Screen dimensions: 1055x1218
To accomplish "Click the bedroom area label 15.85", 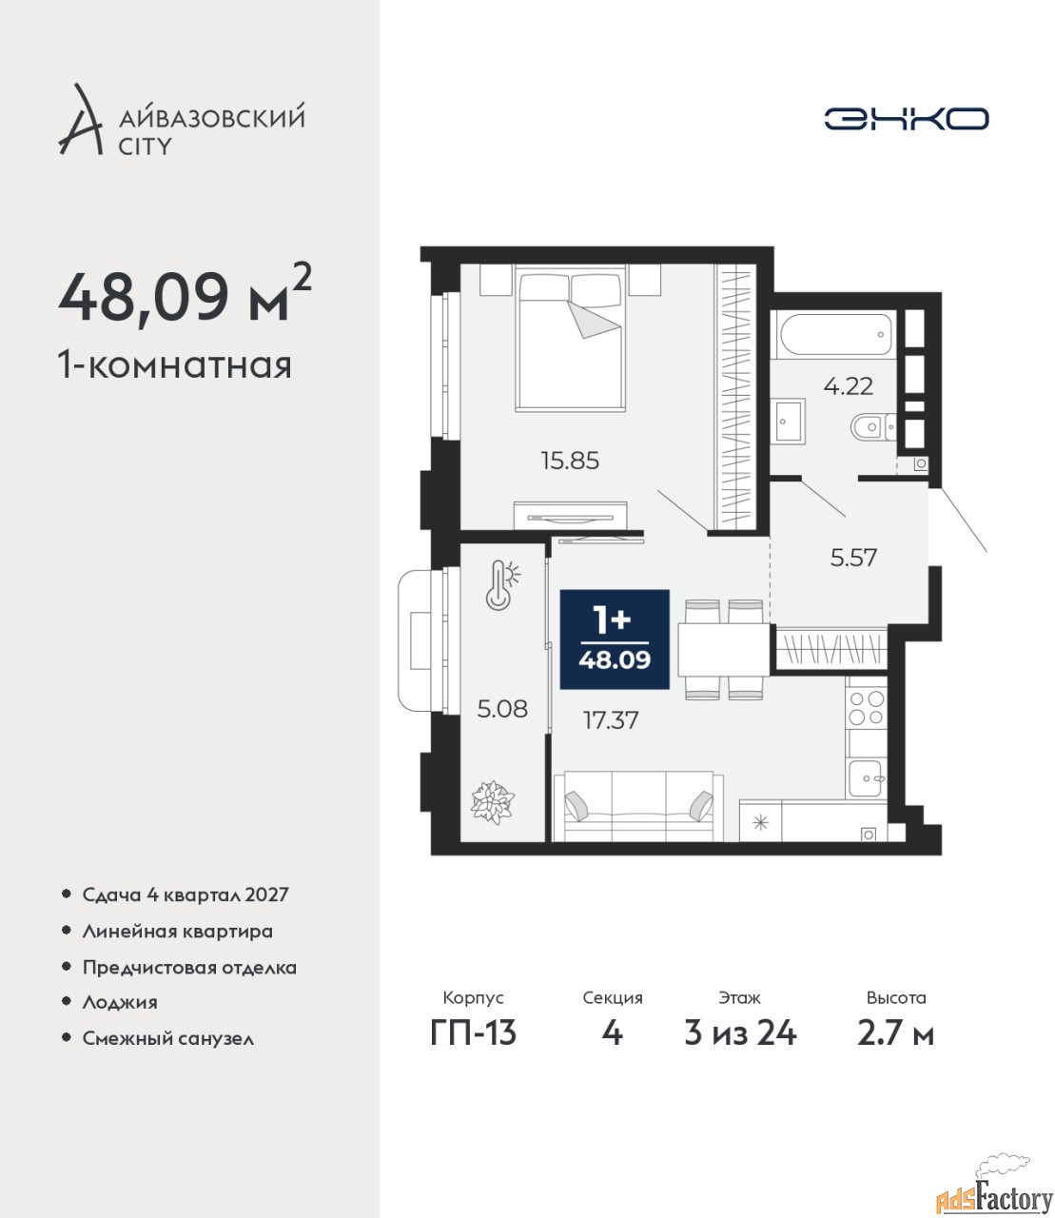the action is (570, 461).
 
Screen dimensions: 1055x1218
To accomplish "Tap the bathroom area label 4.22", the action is (849, 386).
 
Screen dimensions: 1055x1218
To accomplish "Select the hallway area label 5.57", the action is (853, 558).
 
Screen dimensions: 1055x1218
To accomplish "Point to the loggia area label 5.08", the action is (502, 709).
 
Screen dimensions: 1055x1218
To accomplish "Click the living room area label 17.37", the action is (611, 720).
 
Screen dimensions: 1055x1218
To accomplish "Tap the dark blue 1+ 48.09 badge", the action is (615, 639).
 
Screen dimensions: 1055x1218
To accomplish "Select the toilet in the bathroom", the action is (873, 426).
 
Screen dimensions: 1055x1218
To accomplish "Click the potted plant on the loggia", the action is (493, 802).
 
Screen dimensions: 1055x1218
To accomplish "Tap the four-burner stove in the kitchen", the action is (866, 708).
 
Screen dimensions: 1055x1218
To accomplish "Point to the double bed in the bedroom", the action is (570, 337).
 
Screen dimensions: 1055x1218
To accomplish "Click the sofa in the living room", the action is (638, 806).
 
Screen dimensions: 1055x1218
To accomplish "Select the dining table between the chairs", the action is (723, 650).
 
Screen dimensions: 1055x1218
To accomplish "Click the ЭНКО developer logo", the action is (906, 118).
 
